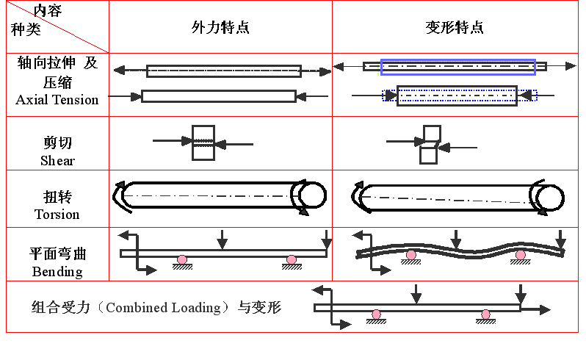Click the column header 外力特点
tap(220, 28)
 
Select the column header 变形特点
tap(455, 28)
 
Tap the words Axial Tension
tap(57, 100)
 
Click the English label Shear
tap(57, 160)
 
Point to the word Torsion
tap(57, 215)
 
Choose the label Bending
tap(57, 271)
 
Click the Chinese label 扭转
tap(57, 198)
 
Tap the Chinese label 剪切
tap(57, 143)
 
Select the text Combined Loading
tap(164, 307)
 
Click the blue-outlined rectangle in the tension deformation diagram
tap(457, 67)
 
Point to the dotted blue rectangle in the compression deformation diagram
tap(460, 96)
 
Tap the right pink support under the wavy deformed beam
tap(521, 255)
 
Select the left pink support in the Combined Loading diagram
tap(376, 314)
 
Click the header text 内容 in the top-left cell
tap(48, 10)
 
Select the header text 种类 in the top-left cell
tap(26, 29)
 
